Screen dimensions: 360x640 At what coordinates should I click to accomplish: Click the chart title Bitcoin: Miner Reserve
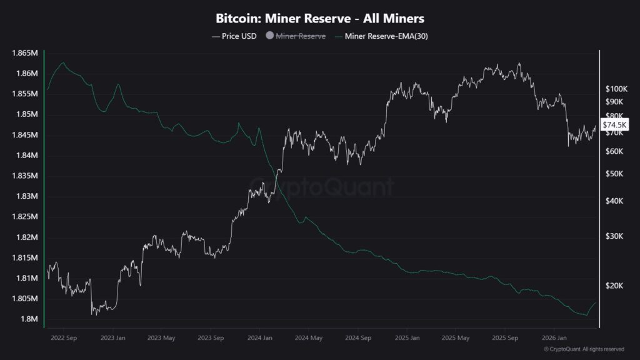320,19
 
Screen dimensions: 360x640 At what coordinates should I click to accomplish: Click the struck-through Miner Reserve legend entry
301,36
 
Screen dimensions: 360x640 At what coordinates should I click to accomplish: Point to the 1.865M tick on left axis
24,53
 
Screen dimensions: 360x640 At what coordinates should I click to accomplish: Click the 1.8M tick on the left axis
28,319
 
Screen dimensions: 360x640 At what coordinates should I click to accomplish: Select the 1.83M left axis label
26,196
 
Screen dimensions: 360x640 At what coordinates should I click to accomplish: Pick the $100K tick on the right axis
616,89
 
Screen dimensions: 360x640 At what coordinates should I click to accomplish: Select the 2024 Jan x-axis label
259,337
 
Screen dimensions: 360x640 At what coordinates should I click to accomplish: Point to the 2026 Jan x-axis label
553,337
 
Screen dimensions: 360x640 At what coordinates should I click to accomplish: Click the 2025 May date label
455,337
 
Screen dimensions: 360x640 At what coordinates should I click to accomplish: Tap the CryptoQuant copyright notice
584,349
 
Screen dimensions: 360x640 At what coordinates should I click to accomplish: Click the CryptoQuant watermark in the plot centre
322,186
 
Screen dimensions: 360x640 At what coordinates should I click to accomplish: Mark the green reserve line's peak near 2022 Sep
62,63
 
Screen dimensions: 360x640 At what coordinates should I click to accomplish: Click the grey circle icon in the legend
270,36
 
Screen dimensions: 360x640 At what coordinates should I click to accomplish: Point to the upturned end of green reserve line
595,303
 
